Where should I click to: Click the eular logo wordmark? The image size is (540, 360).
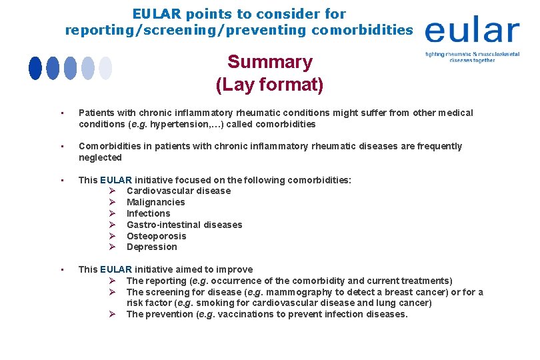click(472, 31)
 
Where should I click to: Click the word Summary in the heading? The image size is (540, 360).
click(270, 62)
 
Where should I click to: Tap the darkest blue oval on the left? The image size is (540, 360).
click(35, 68)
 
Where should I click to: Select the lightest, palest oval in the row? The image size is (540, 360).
click(105, 68)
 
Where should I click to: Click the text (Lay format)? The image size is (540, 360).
click(270, 85)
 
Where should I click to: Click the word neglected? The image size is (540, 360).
click(100, 157)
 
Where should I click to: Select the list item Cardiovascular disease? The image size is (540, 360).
click(179, 191)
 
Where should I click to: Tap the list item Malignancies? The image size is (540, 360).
click(156, 202)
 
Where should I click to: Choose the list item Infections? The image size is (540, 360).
click(149, 213)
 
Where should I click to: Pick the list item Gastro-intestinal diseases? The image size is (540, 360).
click(185, 225)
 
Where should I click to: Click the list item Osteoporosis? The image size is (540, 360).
click(157, 236)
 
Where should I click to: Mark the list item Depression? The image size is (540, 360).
click(152, 247)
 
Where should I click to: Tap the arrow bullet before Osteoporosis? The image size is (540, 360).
click(113, 236)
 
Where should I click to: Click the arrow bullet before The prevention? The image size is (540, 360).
click(113, 314)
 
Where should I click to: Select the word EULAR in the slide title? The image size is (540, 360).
click(157, 13)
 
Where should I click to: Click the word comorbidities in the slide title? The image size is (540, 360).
click(363, 30)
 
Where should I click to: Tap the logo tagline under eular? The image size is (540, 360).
click(472, 56)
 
